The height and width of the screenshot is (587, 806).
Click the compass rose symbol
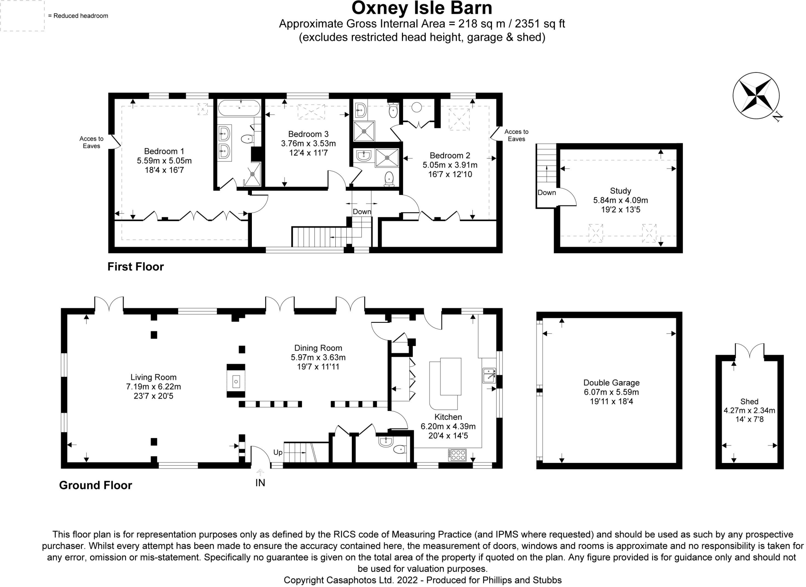756,96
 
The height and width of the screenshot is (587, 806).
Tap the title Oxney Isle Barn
421,8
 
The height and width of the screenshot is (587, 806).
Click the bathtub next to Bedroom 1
239,107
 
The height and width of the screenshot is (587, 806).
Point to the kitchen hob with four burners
457,455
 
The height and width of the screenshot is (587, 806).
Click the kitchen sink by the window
489,376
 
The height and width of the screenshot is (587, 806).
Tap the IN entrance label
260,483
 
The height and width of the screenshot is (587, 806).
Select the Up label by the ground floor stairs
278,452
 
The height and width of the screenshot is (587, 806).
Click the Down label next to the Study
547,193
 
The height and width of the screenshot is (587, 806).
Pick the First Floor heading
135,267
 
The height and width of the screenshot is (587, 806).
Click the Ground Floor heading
96,485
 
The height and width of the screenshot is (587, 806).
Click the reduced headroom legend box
22,15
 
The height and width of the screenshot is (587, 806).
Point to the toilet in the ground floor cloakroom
399,449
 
